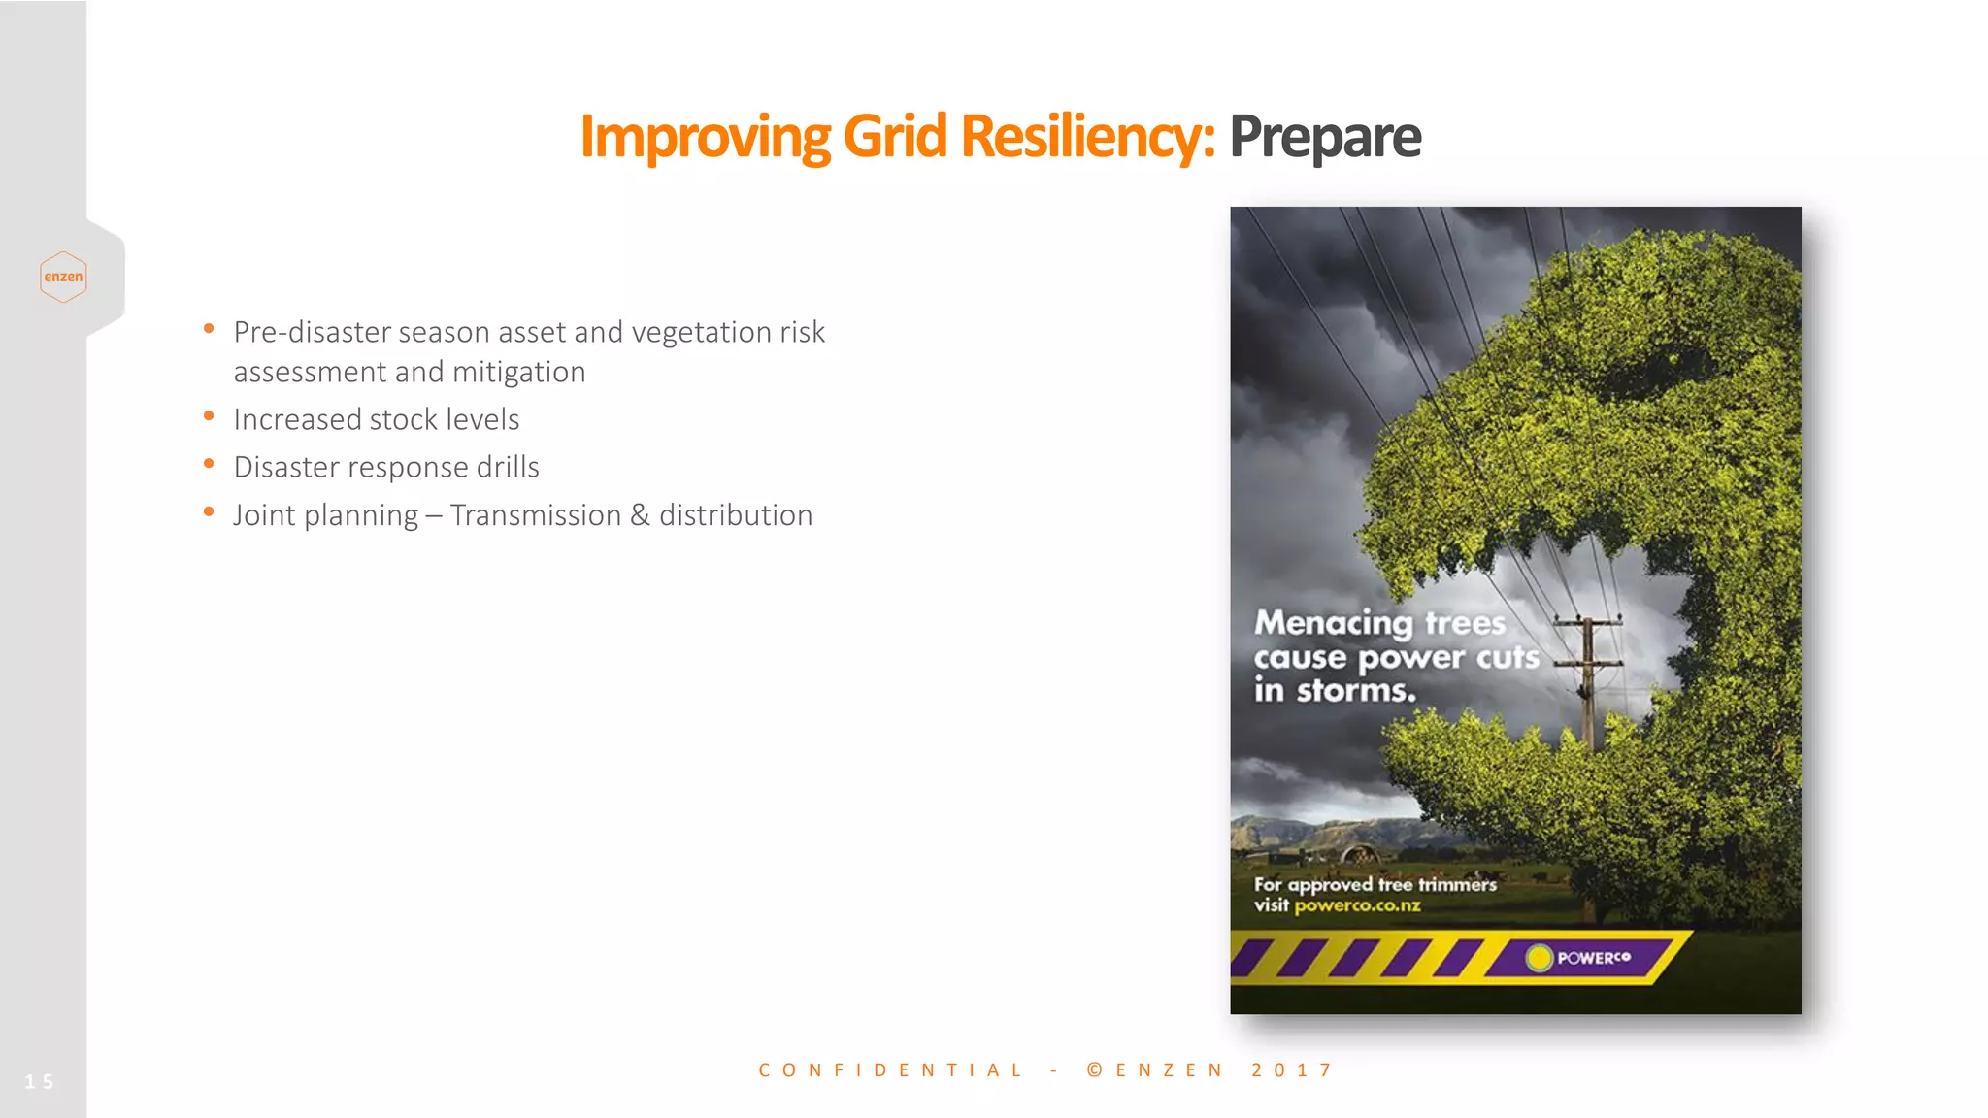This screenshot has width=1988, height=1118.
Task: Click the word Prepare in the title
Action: [x=1324, y=138]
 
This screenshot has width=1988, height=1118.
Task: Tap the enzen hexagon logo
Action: [x=63, y=277]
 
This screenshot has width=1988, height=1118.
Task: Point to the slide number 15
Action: [x=39, y=1081]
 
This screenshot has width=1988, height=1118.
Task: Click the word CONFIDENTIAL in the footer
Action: [x=890, y=1070]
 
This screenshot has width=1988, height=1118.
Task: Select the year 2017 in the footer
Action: [x=1292, y=1070]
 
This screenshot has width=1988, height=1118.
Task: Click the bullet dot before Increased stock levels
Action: [x=209, y=416]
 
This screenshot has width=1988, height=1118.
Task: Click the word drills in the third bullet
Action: [x=508, y=468]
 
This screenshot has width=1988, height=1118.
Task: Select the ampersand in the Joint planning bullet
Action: [x=640, y=515]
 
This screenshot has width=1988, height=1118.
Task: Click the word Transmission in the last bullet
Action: [x=535, y=515]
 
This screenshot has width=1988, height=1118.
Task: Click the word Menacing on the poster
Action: [x=1333, y=623]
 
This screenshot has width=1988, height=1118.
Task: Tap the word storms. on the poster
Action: [x=1356, y=691]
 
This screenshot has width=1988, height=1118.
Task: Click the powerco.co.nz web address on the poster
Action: [x=1357, y=905]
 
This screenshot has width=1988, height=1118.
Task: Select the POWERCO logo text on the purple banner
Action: [x=1594, y=958]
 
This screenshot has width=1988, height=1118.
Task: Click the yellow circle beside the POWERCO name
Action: [x=1539, y=958]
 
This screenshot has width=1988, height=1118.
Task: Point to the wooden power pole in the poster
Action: [x=1588, y=689]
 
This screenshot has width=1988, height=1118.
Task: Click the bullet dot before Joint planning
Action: [x=209, y=511]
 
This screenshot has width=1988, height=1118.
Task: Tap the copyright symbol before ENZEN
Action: [x=1095, y=1070]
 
